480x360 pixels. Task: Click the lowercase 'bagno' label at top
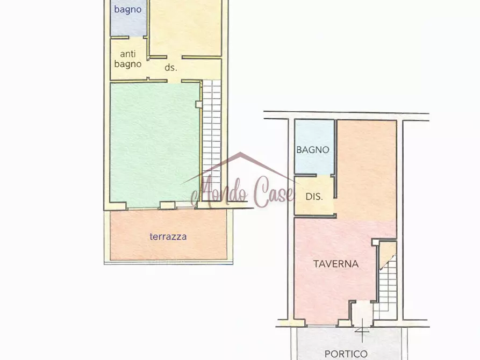coord(127,10)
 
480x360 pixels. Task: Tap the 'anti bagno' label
coord(127,59)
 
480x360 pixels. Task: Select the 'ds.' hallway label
coord(171,68)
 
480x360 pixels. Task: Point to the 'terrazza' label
coord(168,236)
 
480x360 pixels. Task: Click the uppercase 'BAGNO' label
coord(312,150)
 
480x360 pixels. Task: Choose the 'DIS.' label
coord(314,197)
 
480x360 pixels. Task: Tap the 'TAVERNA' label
coord(336,264)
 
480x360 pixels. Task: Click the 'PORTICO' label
coord(346,354)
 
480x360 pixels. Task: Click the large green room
coord(155,143)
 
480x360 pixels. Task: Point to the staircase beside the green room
coord(212,140)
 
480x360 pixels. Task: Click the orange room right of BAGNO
coord(367,171)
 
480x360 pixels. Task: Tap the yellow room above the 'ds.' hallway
coord(185,27)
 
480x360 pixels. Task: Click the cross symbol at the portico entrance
coord(362,330)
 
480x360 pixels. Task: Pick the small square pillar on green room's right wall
coord(199,104)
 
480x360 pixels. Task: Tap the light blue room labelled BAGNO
coord(314,147)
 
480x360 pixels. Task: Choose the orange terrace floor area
coord(168,235)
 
